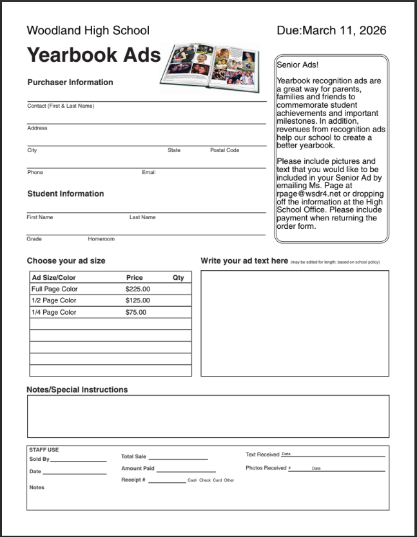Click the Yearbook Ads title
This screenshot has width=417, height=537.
pos(93,55)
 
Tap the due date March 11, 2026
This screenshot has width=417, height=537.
pos(331,30)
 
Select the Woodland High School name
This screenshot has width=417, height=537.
pos(88,30)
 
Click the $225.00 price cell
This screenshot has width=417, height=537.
pos(138,289)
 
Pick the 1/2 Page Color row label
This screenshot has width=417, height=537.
pos(53,300)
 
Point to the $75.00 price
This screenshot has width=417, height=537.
pos(136,312)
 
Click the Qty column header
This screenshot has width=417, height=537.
pos(178,277)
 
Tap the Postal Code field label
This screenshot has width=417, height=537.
pos(224,150)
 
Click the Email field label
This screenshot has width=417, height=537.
pos(148,172)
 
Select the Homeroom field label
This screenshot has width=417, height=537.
pos(101,239)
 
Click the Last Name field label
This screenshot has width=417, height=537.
pos(142,217)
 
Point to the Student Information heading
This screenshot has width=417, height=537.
pos(65,193)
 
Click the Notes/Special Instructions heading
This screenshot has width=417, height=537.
pos(77,389)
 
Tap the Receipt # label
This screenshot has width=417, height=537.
pos(133,480)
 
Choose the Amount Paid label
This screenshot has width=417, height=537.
pos(138,469)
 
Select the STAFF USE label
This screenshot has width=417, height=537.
pos(43,449)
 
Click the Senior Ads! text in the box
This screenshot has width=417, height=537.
pos(297,65)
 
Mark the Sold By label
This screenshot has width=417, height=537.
pos(39,459)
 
